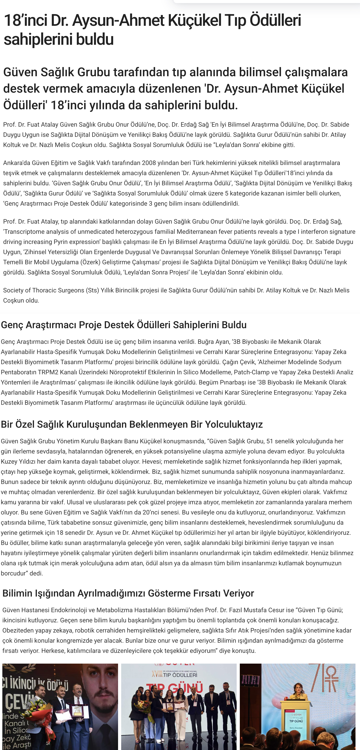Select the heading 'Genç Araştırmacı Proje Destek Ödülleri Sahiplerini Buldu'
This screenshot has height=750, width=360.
[124, 325]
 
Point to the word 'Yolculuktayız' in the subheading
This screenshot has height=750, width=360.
[234, 425]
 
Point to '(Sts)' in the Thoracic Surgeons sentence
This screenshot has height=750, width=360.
[92, 290]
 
